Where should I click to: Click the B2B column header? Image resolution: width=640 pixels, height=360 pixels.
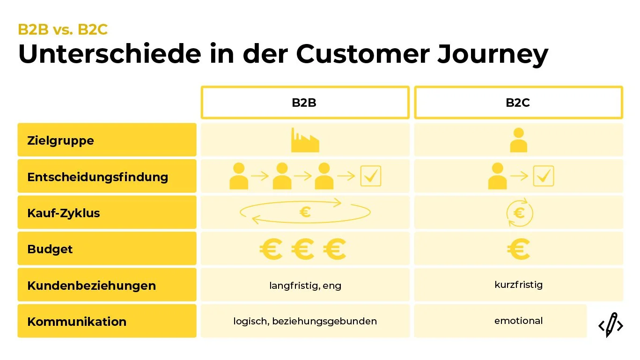304,103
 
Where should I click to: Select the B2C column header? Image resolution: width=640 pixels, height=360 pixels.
518,103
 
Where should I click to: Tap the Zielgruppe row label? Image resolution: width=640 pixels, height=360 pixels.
61,140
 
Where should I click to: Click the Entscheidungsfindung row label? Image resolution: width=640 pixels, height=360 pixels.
97,176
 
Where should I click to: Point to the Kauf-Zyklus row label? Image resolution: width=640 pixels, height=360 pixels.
64,213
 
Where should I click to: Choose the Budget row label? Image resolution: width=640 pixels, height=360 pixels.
50,249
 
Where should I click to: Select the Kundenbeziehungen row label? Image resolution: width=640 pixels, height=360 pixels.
91,285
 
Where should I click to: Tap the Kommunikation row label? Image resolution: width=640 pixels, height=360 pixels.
77,321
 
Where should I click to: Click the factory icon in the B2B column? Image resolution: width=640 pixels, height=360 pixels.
305,140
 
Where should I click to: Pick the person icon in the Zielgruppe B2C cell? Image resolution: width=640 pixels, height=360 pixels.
518,140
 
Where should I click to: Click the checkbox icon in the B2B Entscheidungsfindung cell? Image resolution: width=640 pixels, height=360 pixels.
370,176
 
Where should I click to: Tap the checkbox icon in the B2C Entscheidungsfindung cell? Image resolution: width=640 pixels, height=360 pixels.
544,176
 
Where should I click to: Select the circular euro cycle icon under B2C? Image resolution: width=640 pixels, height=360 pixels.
519,213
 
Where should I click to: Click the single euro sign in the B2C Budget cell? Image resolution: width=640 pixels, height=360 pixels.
518,249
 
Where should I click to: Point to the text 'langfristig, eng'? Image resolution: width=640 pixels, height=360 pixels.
305,285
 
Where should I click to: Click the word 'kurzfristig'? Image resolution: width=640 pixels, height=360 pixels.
518,284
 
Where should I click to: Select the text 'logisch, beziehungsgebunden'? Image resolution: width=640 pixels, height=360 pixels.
305,321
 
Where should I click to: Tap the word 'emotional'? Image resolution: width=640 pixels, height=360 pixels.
518,321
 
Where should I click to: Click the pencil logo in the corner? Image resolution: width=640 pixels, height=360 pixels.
611,324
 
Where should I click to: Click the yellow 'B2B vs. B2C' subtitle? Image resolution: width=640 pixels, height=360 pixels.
63,29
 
